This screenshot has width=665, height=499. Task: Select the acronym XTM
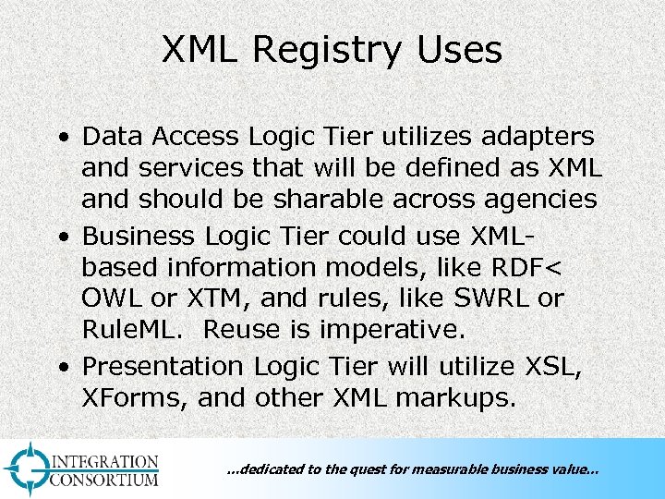205,299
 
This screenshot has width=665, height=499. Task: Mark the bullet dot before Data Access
62,138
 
